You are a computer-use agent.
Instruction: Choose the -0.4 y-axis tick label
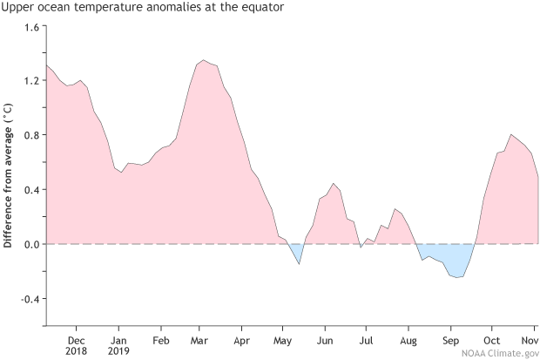[27, 299]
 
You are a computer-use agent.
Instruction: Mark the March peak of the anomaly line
[203, 61]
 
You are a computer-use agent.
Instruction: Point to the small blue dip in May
[297, 252]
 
